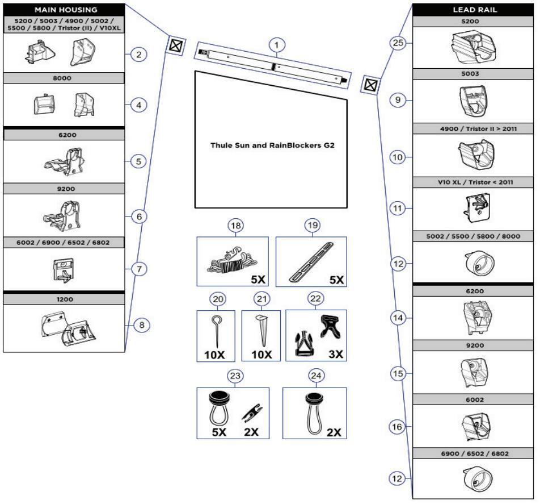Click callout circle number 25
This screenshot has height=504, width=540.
[399, 43]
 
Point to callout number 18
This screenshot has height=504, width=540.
[237, 226]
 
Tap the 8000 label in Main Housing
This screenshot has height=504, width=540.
[64, 78]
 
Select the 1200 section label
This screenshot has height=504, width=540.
[64, 298]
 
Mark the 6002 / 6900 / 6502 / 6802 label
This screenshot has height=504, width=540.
[64, 243]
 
